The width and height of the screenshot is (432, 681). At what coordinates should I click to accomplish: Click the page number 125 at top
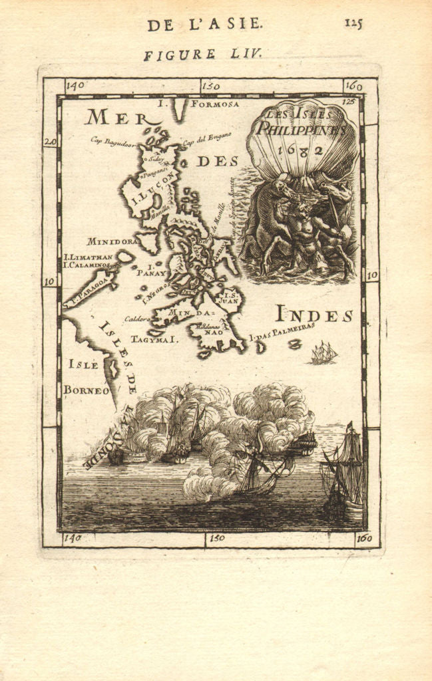353,23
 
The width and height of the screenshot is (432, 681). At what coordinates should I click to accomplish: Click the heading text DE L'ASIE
205,25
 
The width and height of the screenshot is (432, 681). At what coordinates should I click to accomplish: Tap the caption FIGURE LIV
204,55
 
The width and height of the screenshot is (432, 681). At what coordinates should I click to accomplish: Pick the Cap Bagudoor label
113,140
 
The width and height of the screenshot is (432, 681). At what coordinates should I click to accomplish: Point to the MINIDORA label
111,241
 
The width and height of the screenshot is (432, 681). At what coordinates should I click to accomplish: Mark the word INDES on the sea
314,315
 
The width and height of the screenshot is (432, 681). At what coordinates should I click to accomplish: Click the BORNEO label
86,390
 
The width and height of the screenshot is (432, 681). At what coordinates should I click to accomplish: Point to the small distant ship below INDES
324,353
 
